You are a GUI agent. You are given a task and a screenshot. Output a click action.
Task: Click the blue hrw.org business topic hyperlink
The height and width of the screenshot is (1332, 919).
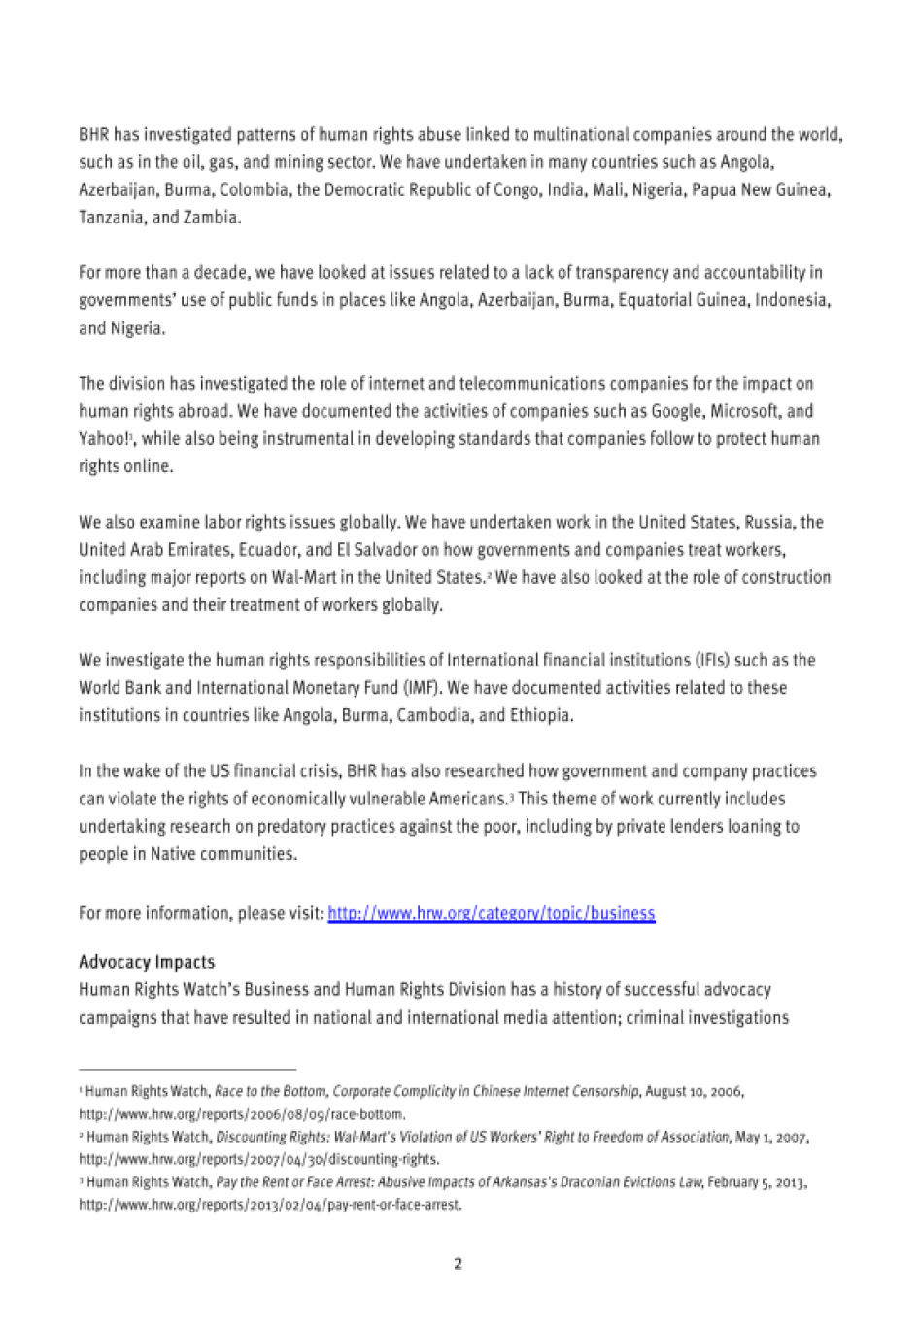click(492, 913)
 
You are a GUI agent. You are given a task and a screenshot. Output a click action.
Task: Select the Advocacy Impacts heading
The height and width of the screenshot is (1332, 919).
click(147, 962)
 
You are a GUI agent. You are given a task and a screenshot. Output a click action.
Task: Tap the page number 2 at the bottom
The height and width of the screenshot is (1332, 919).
click(458, 1264)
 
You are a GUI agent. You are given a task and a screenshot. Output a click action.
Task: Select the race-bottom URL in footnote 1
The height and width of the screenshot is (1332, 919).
click(242, 1113)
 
